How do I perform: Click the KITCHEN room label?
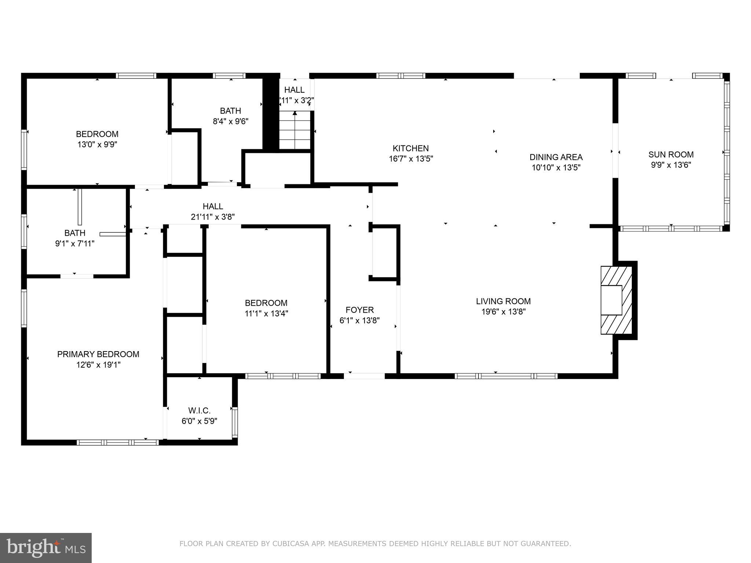tap(410, 148)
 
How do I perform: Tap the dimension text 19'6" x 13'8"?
tap(503, 312)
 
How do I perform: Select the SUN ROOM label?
tap(671, 155)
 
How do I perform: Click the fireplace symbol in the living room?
tap(616, 300)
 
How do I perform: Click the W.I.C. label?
tap(199, 411)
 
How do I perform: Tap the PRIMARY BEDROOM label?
tap(98, 354)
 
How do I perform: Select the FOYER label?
tap(359, 310)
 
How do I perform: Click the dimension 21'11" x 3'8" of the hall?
tap(213, 217)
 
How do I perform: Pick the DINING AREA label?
tap(556, 157)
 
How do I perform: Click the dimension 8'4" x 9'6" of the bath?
tap(231, 121)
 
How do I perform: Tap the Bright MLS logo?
tap(46, 548)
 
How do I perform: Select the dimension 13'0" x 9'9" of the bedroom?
tap(97, 144)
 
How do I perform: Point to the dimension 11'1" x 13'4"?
tap(266, 313)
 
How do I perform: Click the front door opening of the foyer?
tap(364, 376)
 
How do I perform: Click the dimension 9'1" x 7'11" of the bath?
tap(75, 243)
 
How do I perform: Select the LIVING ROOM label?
tap(503, 301)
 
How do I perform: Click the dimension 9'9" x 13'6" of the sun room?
tap(671, 165)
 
